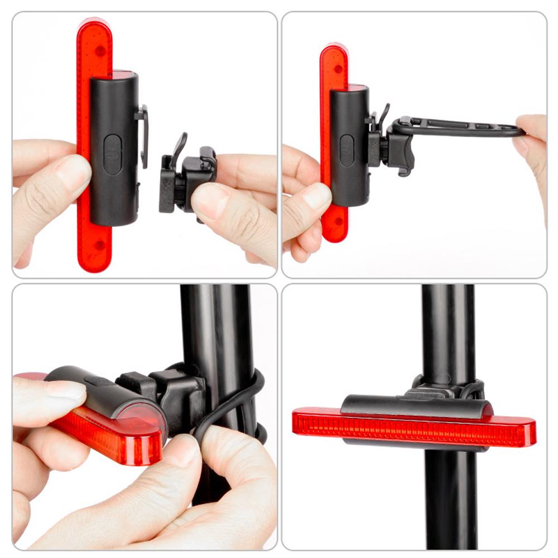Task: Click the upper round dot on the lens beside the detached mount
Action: point(100,51)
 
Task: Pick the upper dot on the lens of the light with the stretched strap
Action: point(336,70)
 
